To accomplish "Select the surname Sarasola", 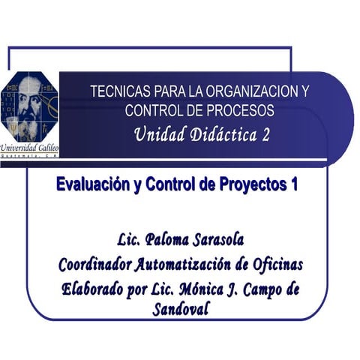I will tap(219, 241).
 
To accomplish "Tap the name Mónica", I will tap(199, 288).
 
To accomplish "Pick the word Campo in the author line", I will tap(261, 288).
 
